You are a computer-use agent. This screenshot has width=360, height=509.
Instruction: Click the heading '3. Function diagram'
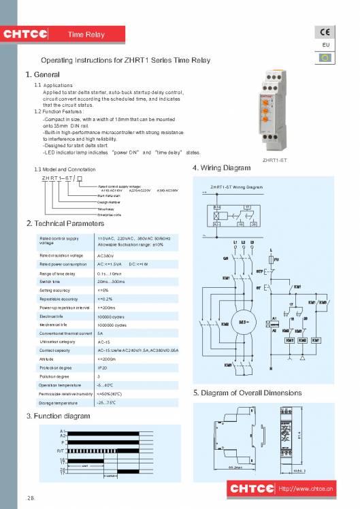pyautogui.click(x=57, y=415)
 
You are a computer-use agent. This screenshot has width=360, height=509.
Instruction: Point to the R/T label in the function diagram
pyautogui.click(x=61, y=451)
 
